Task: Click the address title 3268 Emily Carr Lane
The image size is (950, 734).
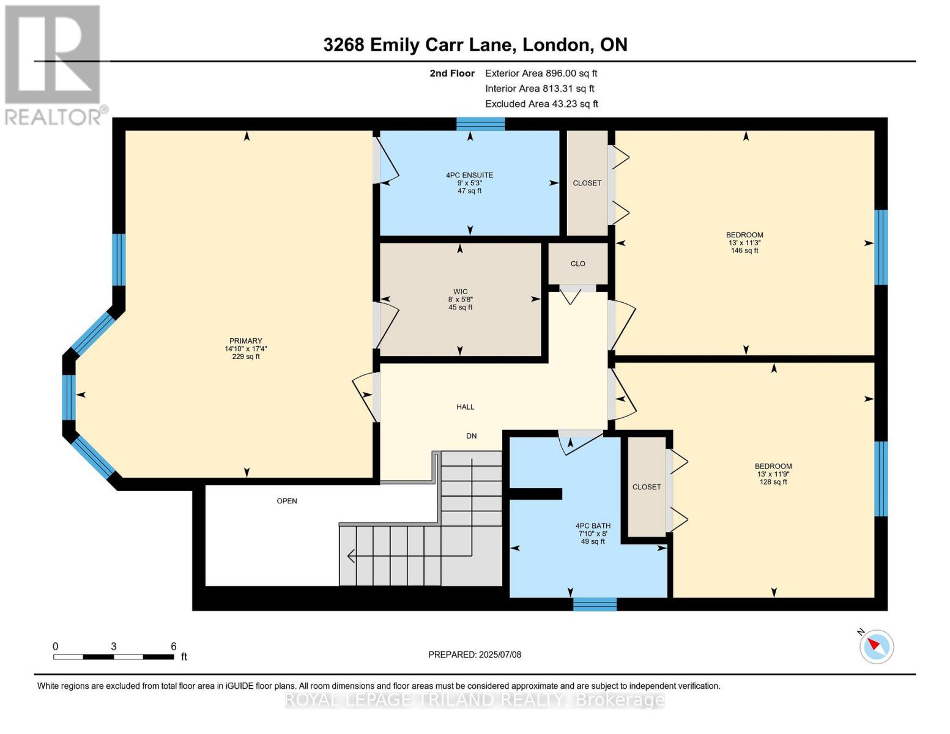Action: [x=475, y=45]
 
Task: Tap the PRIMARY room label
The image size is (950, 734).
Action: [x=245, y=341]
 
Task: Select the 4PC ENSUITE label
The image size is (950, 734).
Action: [x=469, y=176]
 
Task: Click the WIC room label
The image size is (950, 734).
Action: [x=460, y=292]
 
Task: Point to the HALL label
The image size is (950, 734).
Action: [x=465, y=407]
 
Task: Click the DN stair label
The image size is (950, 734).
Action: [x=471, y=436]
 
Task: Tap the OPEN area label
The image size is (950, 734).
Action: [x=287, y=501]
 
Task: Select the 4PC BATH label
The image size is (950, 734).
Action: [x=593, y=526]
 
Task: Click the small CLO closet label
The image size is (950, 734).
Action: [x=577, y=264]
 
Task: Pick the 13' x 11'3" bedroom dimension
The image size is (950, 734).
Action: [x=744, y=243]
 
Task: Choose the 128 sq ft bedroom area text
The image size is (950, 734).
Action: [x=773, y=482]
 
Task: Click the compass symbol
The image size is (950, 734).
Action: [x=877, y=646]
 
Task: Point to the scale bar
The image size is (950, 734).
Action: [x=113, y=657]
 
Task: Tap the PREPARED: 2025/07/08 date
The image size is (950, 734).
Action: [x=475, y=654]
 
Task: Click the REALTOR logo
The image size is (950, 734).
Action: [x=53, y=64]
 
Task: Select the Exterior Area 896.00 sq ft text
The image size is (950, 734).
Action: [x=541, y=73]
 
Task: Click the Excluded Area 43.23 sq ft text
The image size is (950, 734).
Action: [x=541, y=104]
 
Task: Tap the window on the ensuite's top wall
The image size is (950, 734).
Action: [x=480, y=124]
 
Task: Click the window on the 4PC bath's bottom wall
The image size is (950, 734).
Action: [x=595, y=604]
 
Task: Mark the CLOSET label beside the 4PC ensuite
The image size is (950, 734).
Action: [x=587, y=183]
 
